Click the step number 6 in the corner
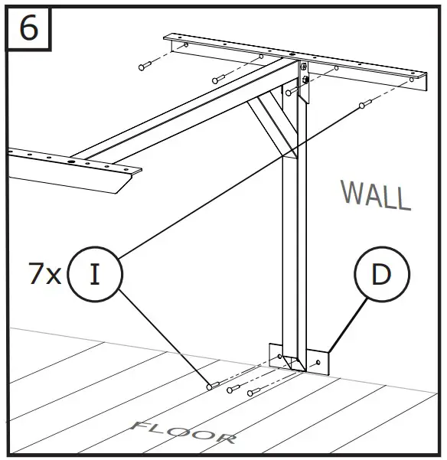28,28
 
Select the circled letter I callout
94,274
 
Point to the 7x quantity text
44,275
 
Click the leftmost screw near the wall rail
145,67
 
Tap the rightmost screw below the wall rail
365,103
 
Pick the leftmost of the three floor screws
214,387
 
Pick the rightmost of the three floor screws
254,392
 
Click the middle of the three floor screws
233,390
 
